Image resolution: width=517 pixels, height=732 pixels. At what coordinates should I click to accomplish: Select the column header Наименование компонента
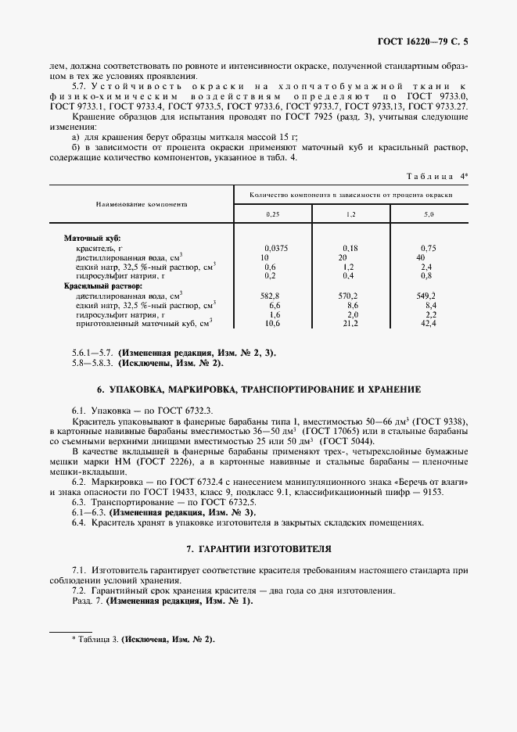[x=142, y=202]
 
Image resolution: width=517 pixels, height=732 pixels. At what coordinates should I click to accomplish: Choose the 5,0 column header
[x=429, y=213]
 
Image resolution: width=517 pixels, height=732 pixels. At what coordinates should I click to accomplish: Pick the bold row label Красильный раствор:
[x=98, y=286]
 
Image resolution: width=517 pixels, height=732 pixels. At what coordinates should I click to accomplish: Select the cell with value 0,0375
[x=276, y=247]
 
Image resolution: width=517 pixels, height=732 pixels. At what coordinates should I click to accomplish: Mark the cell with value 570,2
[x=350, y=296]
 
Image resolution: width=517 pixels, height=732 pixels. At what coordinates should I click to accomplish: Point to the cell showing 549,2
[x=427, y=296]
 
